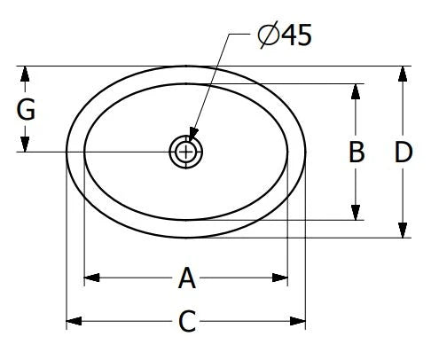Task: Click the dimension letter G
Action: (x=26, y=109)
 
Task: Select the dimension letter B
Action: (x=357, y=152)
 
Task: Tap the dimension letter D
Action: (x=404, y=153)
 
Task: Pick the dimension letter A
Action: (x=187, y=278)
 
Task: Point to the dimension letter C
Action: (x=187, y=321)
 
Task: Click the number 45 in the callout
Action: (x=296, y=35)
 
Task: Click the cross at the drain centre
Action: (x=185, y=153)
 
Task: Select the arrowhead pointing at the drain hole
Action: (x=192, y=134)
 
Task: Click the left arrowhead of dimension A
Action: (x=91, y=278)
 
